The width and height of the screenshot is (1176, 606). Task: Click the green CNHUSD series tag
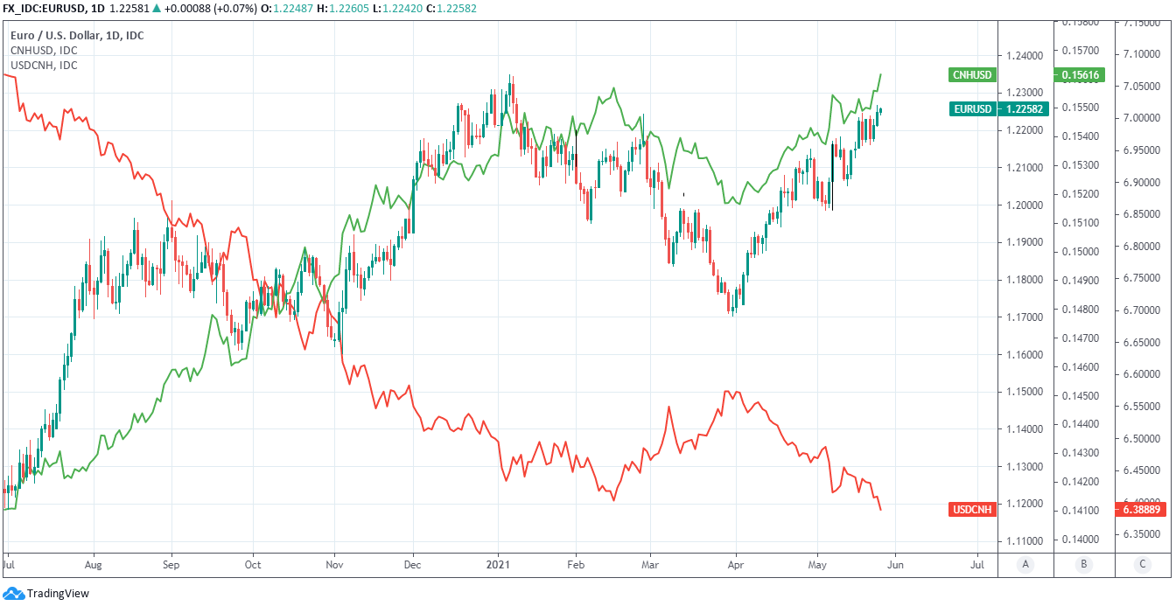click(972, 75)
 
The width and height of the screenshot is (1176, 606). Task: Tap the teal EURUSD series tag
click(972, 108)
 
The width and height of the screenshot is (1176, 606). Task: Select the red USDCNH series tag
click(972, 509)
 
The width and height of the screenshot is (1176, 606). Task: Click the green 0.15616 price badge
click(1081, 75)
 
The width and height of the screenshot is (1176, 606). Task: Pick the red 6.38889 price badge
click(1142, 509)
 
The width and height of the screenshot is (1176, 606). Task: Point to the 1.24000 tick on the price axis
click(1025, 56)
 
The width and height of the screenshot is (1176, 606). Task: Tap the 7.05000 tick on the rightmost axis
click(1143, 86)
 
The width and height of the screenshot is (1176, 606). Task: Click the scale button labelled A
click(1025, 565)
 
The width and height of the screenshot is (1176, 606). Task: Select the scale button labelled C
click(1142, 565)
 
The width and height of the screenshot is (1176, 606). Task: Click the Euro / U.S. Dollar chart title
click(77, 36)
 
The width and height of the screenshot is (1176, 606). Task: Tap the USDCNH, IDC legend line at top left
click(44, 65)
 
